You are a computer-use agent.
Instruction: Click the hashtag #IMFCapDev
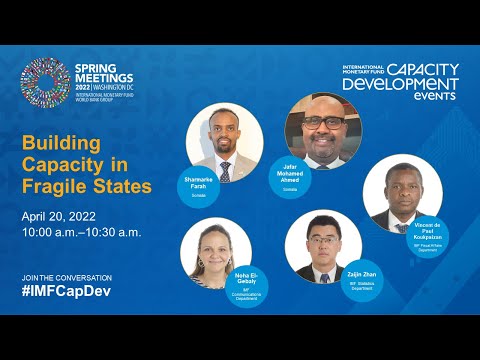click(x=67, y=290)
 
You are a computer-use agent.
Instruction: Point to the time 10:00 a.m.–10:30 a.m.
click(x=81, y=232)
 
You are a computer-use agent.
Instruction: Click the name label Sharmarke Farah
click(x=199, y=183)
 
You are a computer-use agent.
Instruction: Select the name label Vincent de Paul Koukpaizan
click(x=428, y=232)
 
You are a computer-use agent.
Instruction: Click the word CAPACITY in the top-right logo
click(x=423, y=70)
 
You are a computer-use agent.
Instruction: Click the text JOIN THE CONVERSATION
click(x=66, y=276)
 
